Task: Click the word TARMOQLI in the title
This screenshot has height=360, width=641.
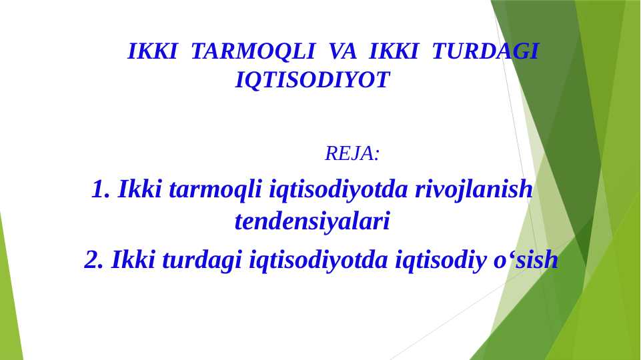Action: pyautogui.click(x=253, y=51)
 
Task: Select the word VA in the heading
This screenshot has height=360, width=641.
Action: pyautogui.click(x=342, y=51)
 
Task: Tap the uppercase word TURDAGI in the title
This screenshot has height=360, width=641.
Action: pyautogui.click(x=485, y=51)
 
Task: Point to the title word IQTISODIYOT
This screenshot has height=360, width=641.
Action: pyautogui.click(x=312, y=81)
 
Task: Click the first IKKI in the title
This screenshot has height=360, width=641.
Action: pyautogui.click(x=152, y=51)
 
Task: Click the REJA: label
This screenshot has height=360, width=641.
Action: pyautogui.click(x=352, y=153)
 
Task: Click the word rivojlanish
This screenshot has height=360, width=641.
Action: pyautogui.click(x=474, y=189)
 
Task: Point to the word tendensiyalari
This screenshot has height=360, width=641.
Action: pyautogui.click(x=312, y=221)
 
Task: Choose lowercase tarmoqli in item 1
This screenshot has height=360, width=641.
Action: pyautogui.click(x=215, y=189)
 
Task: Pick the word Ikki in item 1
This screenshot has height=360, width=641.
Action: pyautogui.click(x=139, y=189)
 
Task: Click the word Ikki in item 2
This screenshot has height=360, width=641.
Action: pyautogui.click(x=133, y=259)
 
